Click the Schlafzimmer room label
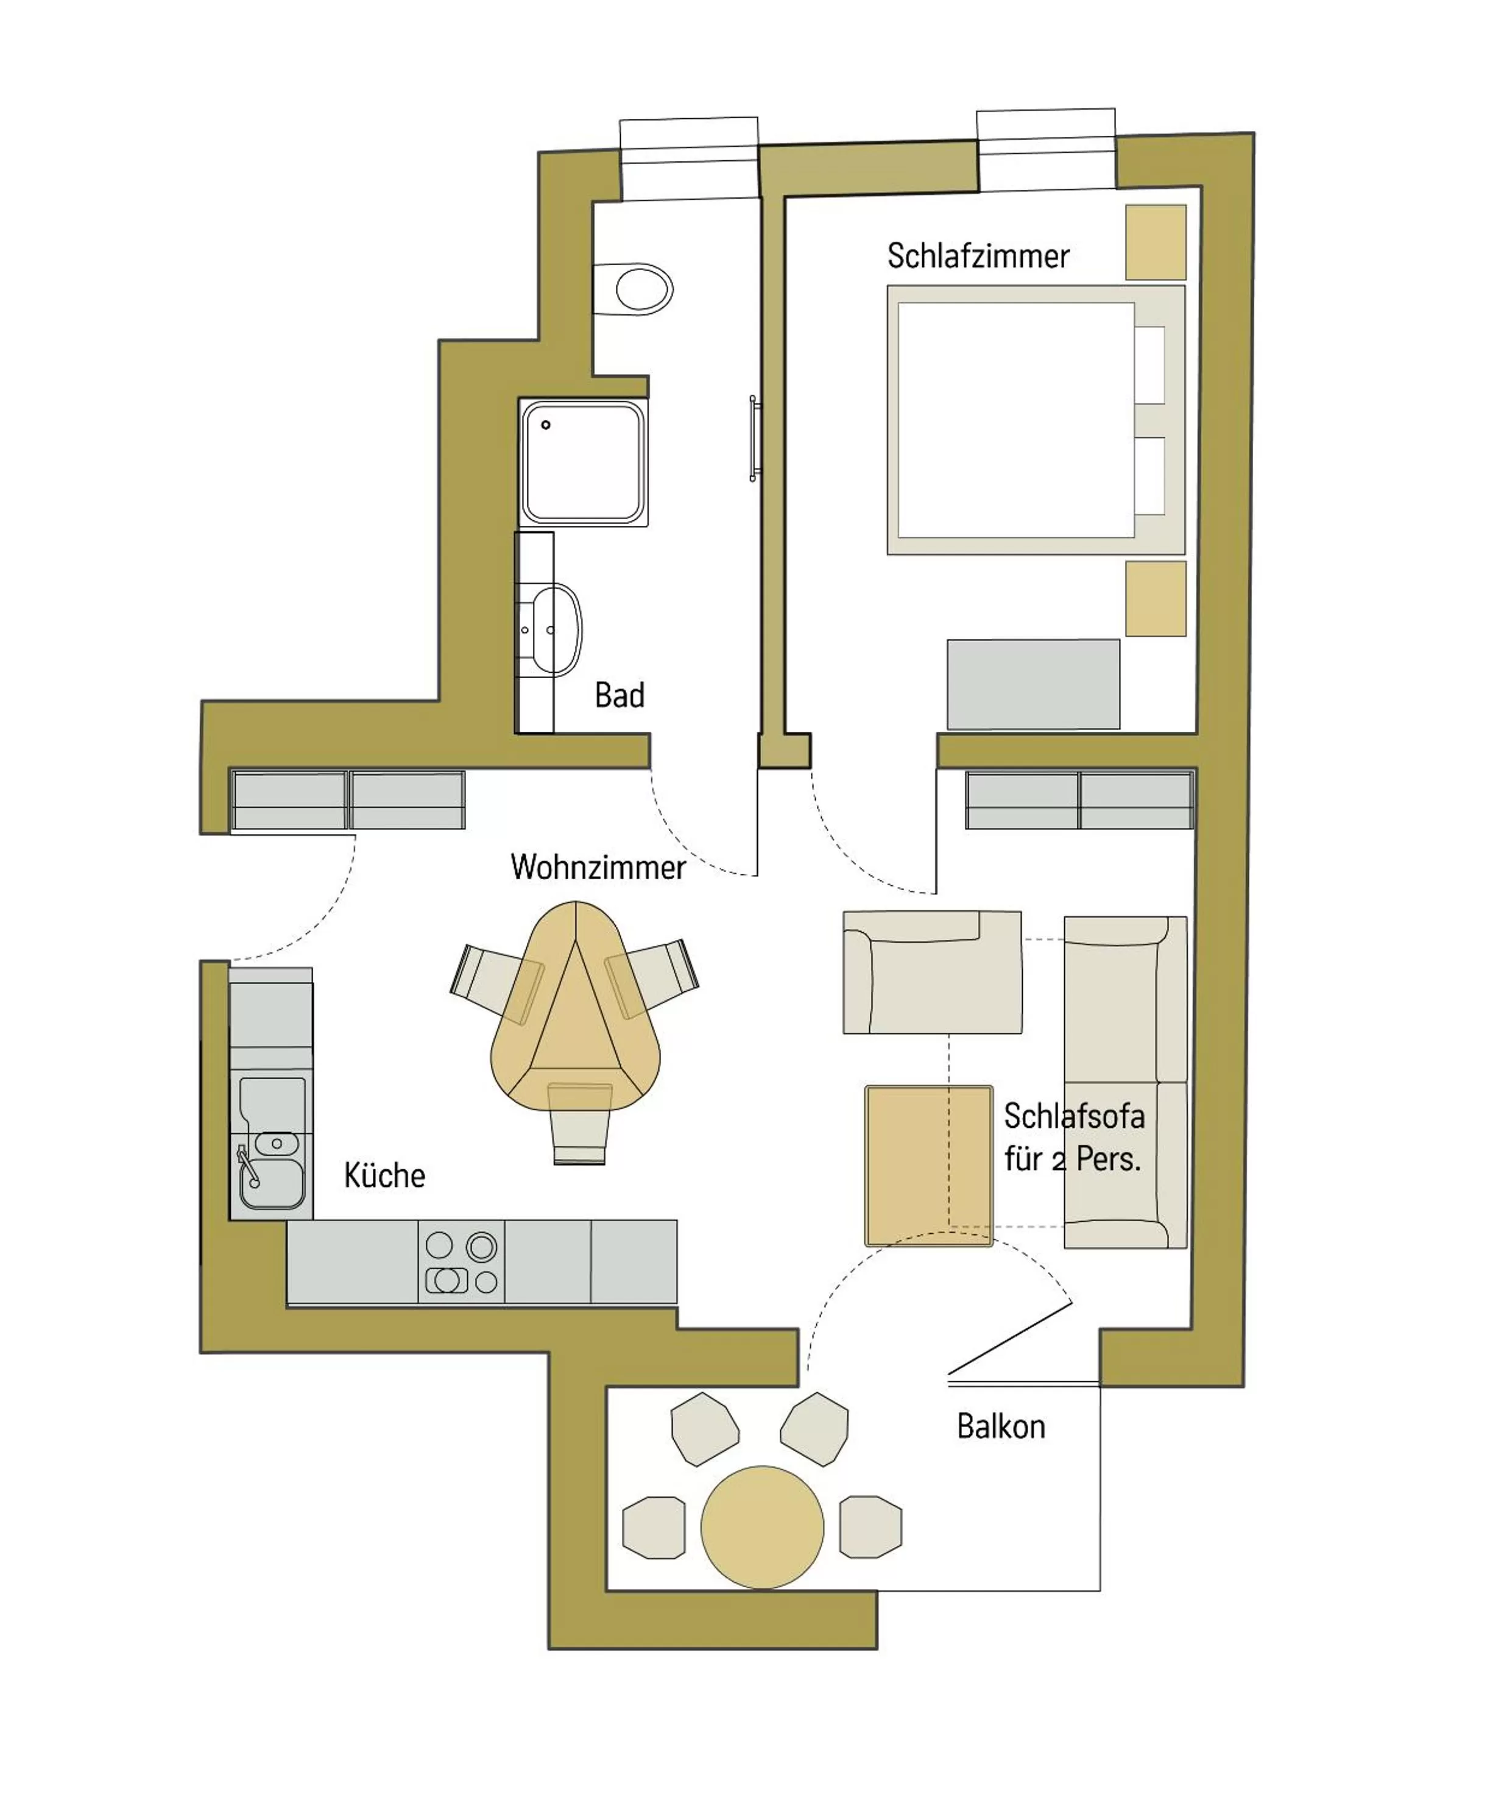978,256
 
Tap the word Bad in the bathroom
619,695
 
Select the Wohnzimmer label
598,867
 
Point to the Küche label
384,1175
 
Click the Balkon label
1001,1426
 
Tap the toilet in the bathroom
636,288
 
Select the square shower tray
584,462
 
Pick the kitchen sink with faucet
271,1172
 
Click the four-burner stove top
462,1262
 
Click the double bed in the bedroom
1017,420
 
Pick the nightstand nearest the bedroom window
1155,242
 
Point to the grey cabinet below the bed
1033,684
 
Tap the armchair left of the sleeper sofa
932,972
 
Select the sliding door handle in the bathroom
754,437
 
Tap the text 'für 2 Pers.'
1072,1160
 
